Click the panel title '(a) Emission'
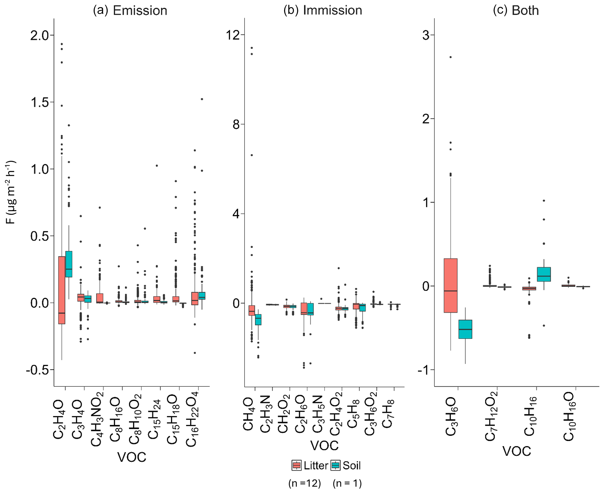[130, 10]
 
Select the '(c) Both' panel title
[515, 10]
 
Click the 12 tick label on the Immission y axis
[233, 35]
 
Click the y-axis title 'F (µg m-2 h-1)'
[11, 192]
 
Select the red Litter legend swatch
[296, 465]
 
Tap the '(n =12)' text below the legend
[305, 483]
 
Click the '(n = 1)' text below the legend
[347, 483]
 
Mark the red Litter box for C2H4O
[62, 290]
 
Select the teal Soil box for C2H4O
[69, 264]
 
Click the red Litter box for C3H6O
[450, 285]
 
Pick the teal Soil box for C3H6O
[465, 329]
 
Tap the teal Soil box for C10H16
[544, 274]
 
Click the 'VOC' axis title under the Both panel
[517, 451]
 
